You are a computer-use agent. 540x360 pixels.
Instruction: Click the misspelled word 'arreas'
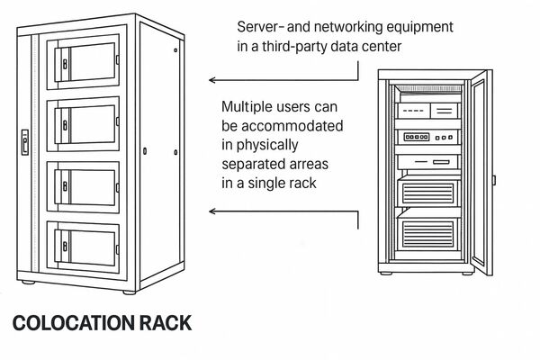click(x=303, y=165)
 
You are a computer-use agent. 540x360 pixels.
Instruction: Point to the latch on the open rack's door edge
click(x=494, y=180)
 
